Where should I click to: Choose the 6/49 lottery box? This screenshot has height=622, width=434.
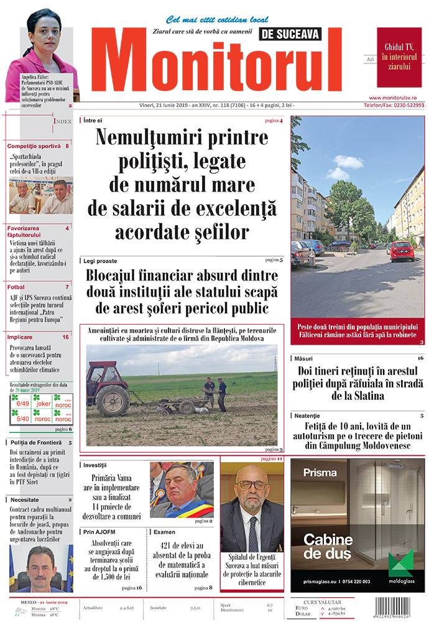(x=23, y=404)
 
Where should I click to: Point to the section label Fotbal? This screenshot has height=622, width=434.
(x=16, y=287)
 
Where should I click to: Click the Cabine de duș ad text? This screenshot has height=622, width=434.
(x=328, y=546)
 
